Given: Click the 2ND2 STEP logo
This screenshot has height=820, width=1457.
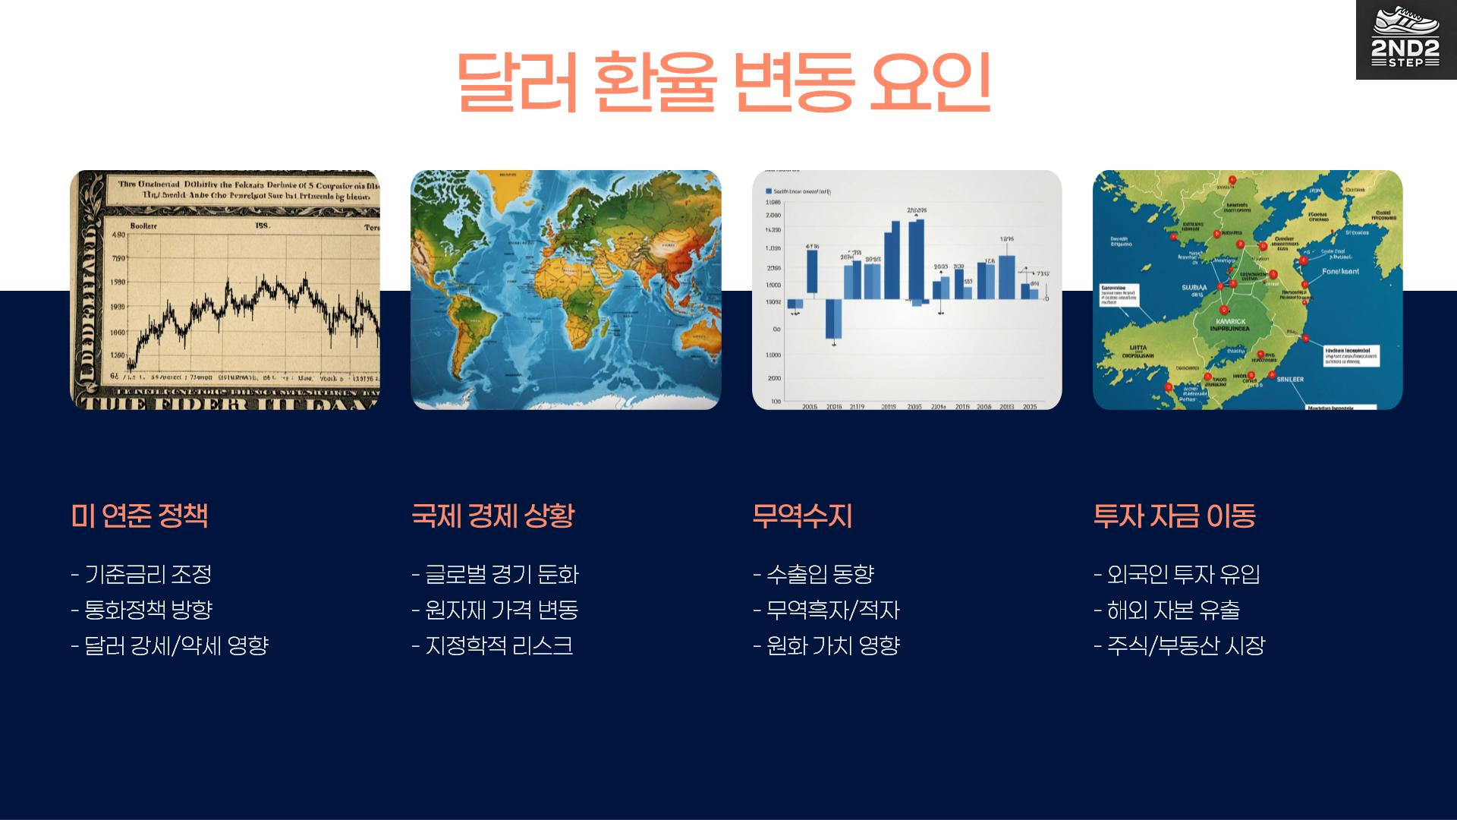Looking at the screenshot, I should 1405,39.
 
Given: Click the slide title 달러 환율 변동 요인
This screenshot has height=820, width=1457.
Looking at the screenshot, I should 723,82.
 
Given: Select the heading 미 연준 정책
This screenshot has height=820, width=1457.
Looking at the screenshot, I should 140,516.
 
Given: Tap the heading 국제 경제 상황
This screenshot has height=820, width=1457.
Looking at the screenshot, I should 493,516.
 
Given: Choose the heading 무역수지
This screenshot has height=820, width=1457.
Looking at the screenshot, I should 802,516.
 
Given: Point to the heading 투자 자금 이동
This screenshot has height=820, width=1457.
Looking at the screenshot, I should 1174,516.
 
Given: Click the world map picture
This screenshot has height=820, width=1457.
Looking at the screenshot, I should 565,290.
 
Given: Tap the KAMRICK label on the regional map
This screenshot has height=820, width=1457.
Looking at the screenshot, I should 1230,322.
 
